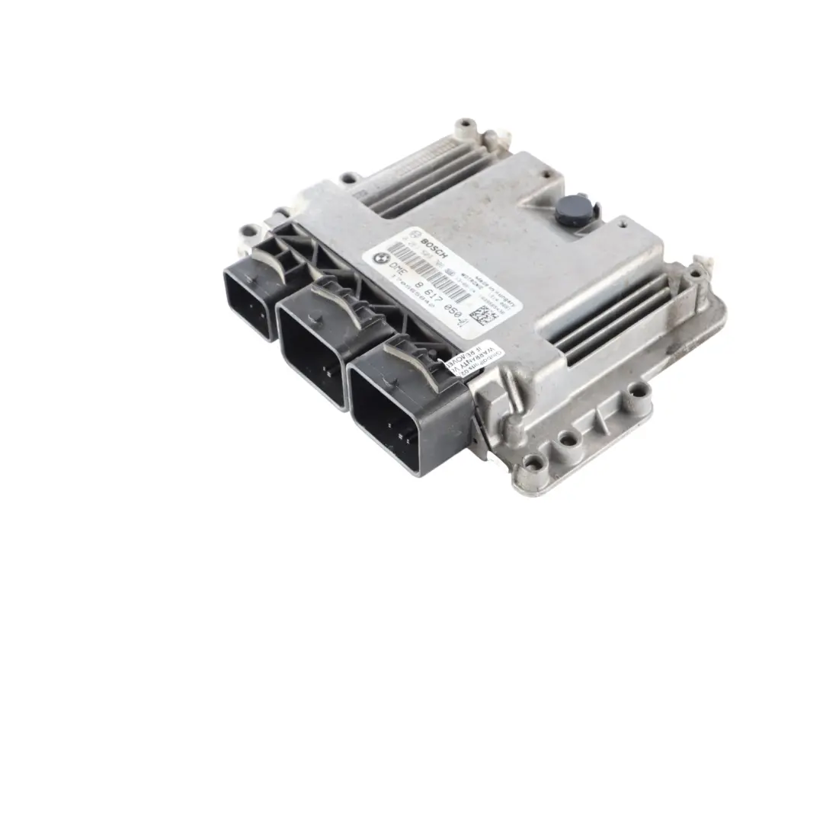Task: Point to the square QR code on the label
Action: click(x=482, y=314)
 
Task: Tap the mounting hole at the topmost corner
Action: click(x=464, y=123)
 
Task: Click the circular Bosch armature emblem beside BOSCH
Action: click(x=416, y=235)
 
